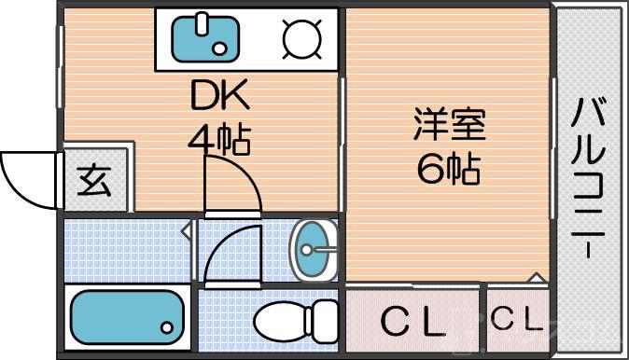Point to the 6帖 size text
pos(450,168)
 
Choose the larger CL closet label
pos(413,322)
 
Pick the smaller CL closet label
pos(516,320)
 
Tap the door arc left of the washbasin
pos(229,252)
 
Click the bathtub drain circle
pos(167,328)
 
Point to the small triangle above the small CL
pos(535,277)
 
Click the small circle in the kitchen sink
pos(219,47)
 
